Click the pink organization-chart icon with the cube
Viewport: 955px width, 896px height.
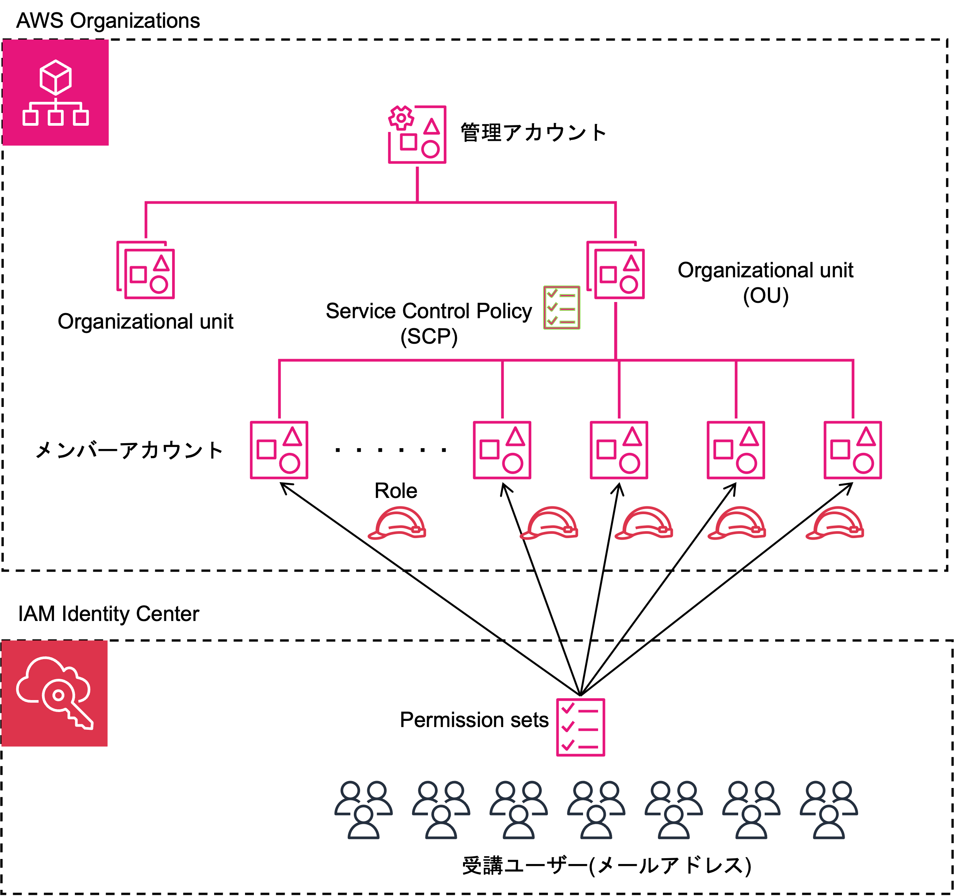[x=56, y=93]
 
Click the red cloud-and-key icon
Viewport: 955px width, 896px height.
[x=54, y=694]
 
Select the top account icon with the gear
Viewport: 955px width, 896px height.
[x=417, y=135]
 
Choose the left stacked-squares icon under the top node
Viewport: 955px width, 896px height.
[x=145, y=270]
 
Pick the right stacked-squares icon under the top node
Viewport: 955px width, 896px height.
[x=615, y=270]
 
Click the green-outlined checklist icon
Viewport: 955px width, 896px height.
[x=561, y=308]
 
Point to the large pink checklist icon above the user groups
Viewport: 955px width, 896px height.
[x=580, y=727]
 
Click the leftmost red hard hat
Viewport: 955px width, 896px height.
[x=397, y=523]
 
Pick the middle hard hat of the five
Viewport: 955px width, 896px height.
[x=644, y=523]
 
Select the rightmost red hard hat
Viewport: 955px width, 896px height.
[x=835, y=523]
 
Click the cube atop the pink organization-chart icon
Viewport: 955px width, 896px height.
[x=56, y=77]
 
